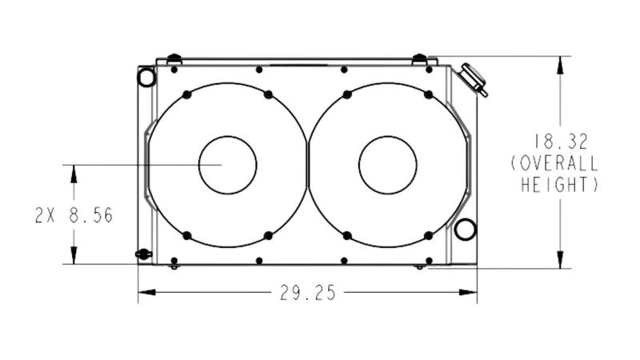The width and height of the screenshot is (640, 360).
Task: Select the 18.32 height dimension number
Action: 566,142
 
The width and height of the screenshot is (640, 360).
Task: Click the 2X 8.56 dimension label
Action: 73,215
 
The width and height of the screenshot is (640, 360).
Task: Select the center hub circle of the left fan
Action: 227,165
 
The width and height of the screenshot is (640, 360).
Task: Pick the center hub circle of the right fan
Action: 387,165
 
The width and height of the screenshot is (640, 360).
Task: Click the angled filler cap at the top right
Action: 473,78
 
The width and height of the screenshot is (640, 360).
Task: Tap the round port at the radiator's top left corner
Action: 146,77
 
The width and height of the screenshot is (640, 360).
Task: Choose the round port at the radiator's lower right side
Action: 465,230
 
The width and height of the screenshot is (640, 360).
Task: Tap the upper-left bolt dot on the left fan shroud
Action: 186,94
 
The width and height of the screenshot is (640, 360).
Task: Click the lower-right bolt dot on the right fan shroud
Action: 429,235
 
